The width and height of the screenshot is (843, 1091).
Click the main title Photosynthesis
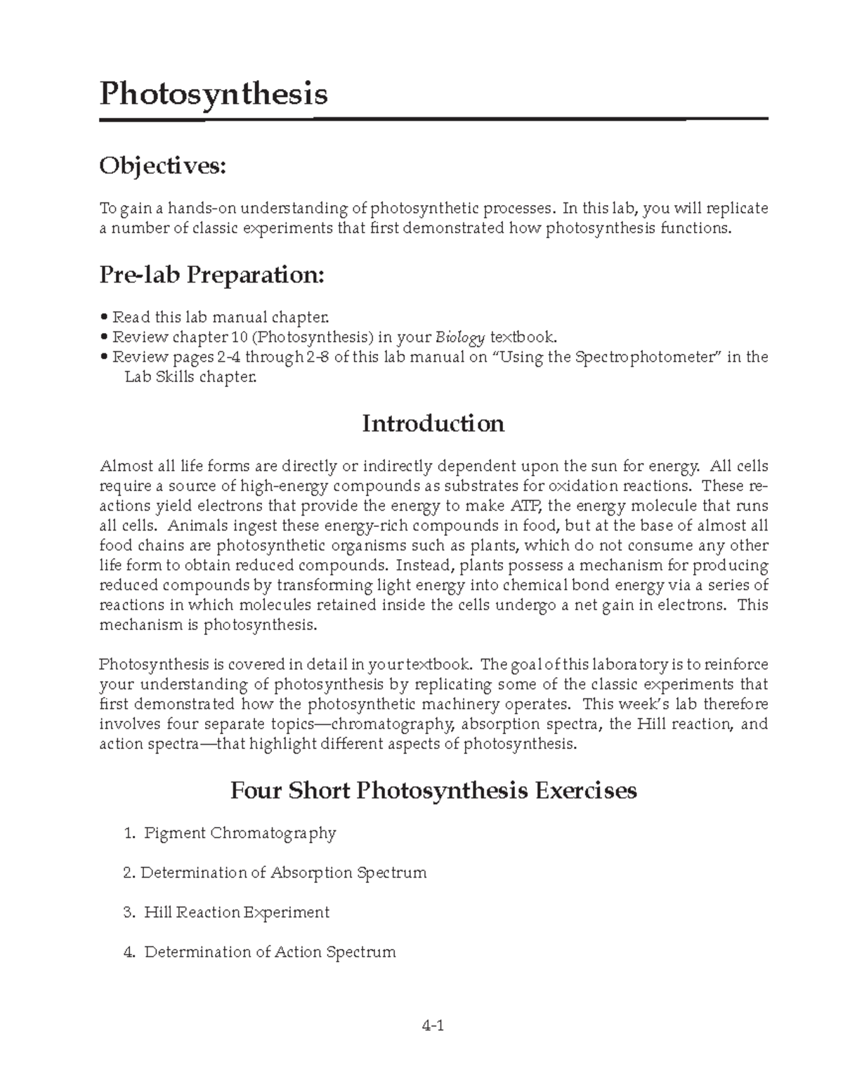tap(213, 94)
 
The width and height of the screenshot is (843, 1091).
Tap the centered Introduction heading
tap(433, 424)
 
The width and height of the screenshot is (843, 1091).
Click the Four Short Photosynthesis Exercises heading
tap(433, 791)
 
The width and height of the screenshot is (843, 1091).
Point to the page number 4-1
tap(433, 1026)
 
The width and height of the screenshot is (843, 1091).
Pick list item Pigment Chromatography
tap(240, 833)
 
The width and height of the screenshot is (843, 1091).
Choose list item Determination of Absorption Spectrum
tap(283, 873)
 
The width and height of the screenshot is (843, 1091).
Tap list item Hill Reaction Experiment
tap(236, 913)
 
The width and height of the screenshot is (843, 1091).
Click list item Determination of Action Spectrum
tap(270, 952)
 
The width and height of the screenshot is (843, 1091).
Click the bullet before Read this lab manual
tap(105, 318)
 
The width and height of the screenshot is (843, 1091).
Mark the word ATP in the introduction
tap(528, 506)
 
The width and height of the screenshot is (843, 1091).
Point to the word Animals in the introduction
tap(194, 525)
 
